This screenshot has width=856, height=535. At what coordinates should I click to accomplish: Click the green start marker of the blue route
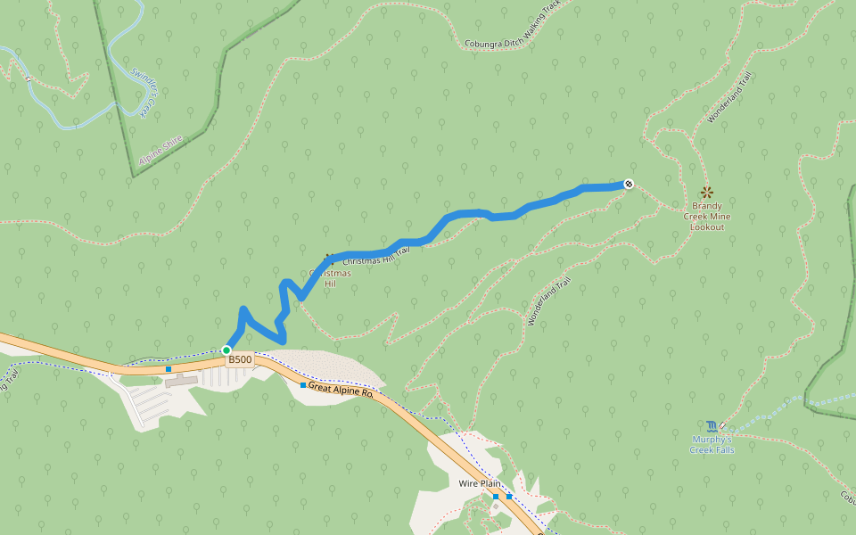[x=226, y=350]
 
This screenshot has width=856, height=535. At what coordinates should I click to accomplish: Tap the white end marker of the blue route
[x=629, y=184]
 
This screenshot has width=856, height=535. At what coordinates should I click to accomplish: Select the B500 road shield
[x=240, y=359]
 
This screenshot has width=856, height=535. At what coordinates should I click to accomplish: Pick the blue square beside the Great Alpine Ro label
[x=303, y=385]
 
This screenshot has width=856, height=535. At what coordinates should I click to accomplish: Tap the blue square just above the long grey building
[x=168, y=368]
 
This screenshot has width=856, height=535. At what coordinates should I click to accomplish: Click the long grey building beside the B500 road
[x=180, y=381]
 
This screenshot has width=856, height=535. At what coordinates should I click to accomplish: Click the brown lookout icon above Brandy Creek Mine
[x=707, y=192]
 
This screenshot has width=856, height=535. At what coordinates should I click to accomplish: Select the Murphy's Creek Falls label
[x=712, y=444]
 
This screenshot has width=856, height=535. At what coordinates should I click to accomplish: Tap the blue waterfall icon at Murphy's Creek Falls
[x=711, y=425]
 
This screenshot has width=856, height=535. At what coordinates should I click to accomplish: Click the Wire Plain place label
[x=480, y=483]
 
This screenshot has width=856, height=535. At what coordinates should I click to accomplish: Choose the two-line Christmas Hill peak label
[x=330, y=278]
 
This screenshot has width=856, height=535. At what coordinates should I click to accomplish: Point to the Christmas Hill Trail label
[x=375, y=256]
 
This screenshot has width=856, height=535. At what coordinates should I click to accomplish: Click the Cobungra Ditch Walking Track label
[x=512, y=26]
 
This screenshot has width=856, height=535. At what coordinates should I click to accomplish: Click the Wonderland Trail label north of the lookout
[x=730, y=97]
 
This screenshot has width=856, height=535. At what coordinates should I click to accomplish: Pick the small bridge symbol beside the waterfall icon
[x=722, y=425]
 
